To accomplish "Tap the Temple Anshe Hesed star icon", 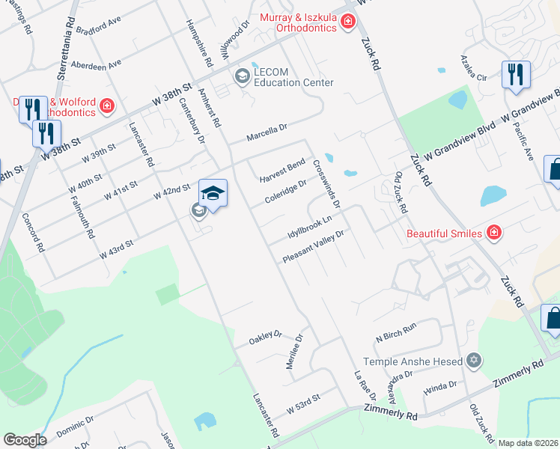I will [472, 361].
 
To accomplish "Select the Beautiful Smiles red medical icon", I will [493, 233].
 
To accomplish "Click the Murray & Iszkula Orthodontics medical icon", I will [347, 22].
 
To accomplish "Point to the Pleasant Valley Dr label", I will [313, 247].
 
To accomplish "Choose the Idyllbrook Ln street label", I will [309, 225].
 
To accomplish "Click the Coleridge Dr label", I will [286, 192].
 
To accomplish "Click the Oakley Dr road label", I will [265, 338].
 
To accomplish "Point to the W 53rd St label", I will [303, 403].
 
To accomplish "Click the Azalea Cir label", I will [474, 78].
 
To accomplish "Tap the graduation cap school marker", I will [213, 194].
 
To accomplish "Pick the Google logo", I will [25, 440].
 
